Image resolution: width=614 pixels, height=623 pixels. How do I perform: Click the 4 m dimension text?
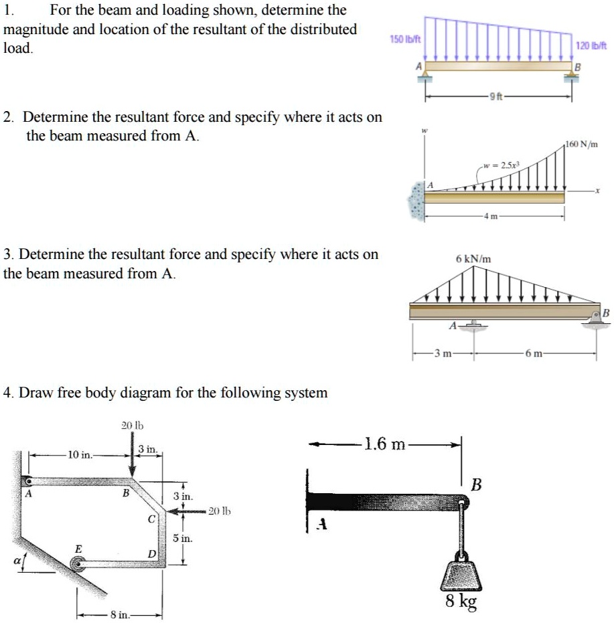[496, 215]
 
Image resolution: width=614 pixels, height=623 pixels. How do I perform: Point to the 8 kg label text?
[462, 603]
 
